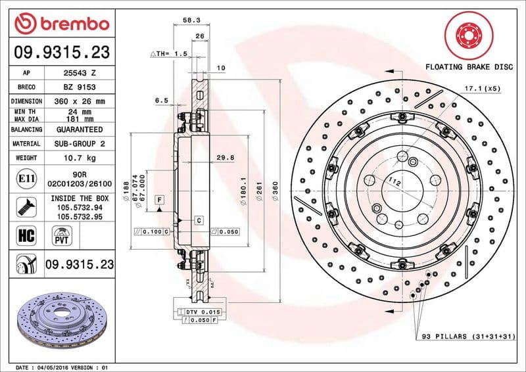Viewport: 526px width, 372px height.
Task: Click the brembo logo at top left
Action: tap(61, 23)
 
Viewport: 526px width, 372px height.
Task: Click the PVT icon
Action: tap(61, 235)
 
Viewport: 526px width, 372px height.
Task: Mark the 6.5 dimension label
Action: tap(162, 101)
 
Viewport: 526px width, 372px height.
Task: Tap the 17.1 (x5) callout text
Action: tap(483, 87)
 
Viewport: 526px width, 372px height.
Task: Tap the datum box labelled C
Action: tap(198, 220)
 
